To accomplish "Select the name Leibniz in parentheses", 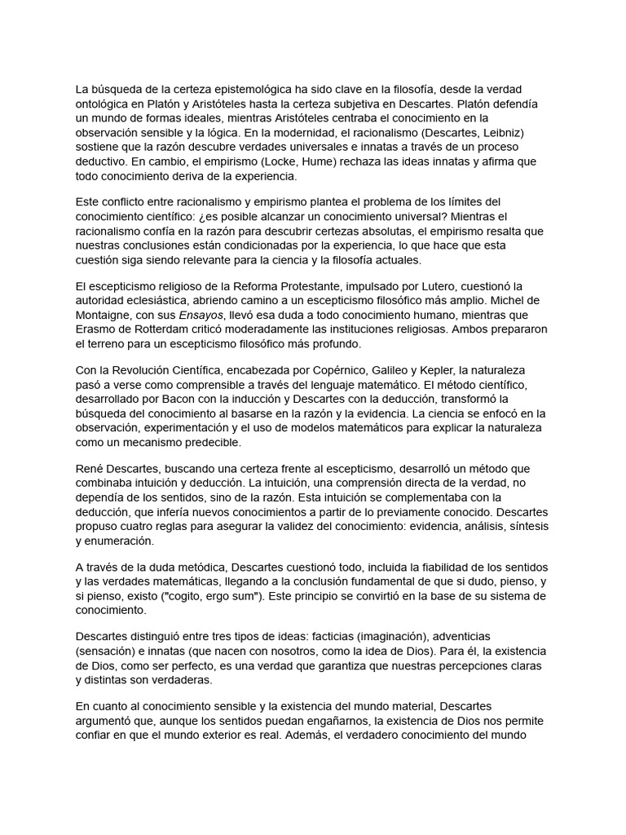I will pyautogui.click(x=505, y=132).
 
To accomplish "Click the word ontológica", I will pyautogui.click(x=106, y=104).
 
